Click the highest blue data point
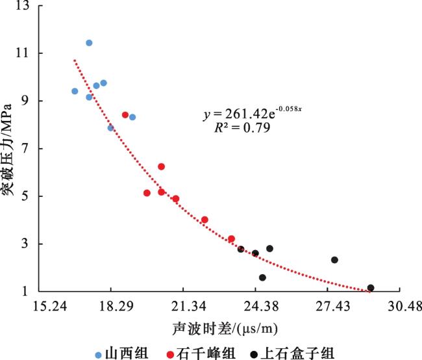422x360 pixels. click(x=89, y=43)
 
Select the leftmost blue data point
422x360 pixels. click(x=75, y=91)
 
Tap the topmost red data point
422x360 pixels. click(x=125, y=115)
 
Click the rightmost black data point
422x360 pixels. click(x=371, y=288)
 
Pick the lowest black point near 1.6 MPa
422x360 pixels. click(x=262, y=277)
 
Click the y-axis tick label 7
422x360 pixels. click(x=28, y=149)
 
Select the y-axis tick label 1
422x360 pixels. click(x=28, y=292)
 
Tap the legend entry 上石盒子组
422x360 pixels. click(x=292, y=353)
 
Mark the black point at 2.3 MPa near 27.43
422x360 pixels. click(x=334, y=260)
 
